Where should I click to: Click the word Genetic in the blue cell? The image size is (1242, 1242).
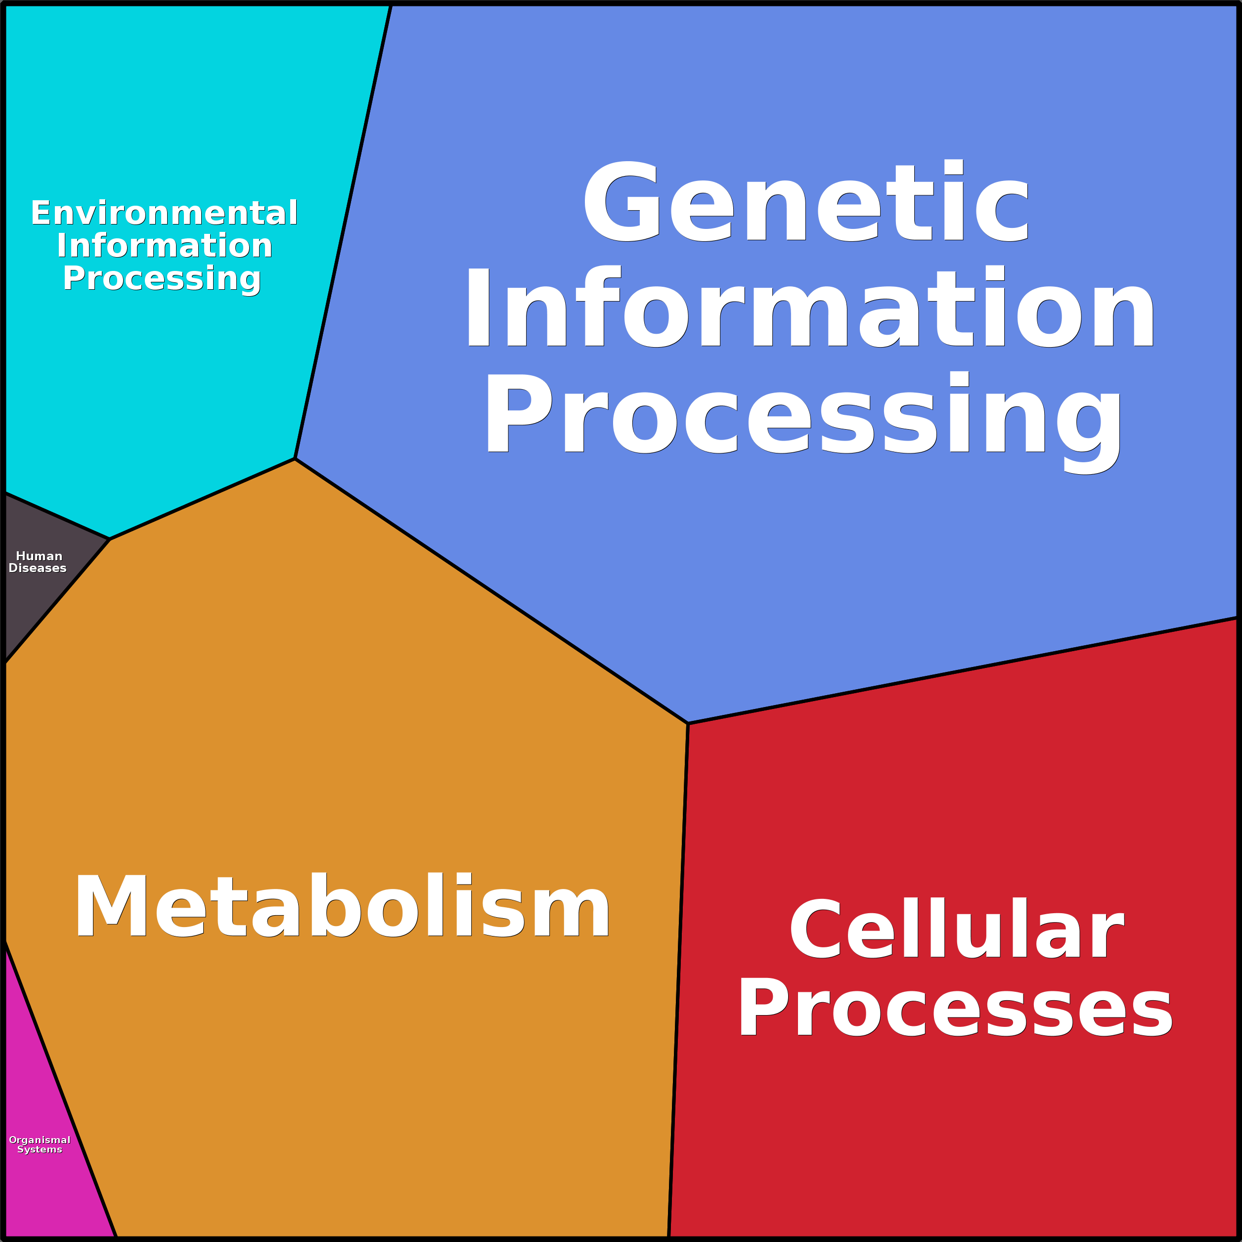pos(805,201)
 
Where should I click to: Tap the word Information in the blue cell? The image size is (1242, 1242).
pos(810,307)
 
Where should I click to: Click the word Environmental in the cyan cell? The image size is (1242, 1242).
pos(165,213)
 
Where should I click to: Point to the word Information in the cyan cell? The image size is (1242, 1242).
pos(165,246)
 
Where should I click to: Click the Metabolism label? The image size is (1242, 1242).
pos(342,906)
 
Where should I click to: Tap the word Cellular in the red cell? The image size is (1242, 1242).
pos(957,928)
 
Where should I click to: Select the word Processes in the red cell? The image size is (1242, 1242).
pos(956,1007)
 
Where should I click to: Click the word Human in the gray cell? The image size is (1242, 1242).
pos(39,556)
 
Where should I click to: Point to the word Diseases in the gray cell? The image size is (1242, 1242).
pos(37,568)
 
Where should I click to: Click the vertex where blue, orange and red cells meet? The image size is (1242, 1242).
pos(688,723)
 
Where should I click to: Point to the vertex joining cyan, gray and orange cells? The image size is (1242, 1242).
pos(109,539)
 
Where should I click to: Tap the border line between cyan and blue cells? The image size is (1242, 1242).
pos(343,232)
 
